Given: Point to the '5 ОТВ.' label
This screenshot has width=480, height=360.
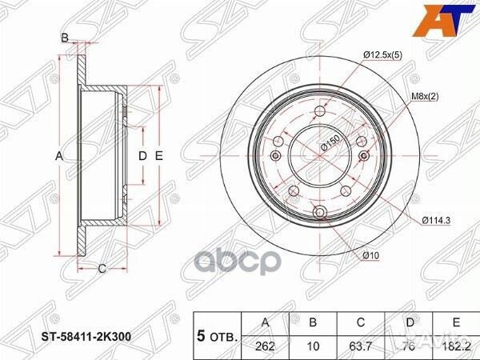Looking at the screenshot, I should coord(217,336).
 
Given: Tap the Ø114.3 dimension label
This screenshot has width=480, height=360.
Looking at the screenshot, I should coord(432,218).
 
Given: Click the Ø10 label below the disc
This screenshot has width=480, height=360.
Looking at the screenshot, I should coord(370,254).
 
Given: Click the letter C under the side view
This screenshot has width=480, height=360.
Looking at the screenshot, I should coord(102,268).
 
